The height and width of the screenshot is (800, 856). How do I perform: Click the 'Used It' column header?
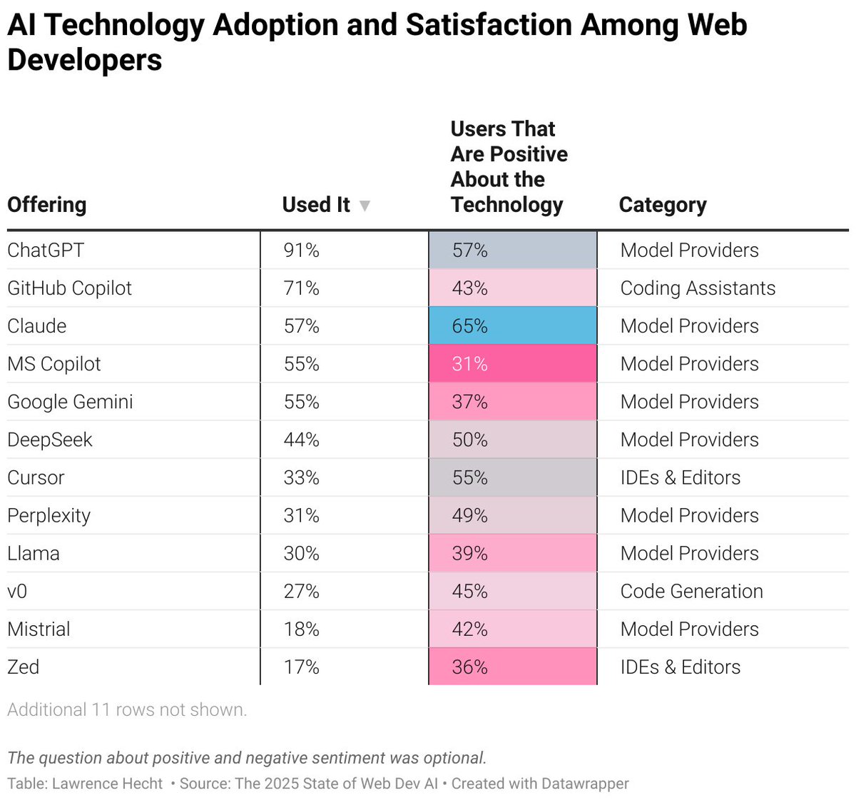click(316, 205)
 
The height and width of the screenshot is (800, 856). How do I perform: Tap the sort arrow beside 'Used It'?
click(365, 206)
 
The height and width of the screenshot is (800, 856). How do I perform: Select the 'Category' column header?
click(662, 205)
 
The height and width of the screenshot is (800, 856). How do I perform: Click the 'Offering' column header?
click(47, 205)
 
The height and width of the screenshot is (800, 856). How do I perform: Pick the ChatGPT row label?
click(46, 250)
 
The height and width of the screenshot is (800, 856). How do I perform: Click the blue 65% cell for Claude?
click(512, 326)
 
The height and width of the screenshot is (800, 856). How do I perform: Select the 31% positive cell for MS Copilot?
click(512, 364)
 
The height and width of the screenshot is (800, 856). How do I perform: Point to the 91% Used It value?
click(301, 250)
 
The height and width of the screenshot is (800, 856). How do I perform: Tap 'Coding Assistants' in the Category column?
click(698, 288)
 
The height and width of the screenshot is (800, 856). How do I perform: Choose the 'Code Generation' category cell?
click(691, 592)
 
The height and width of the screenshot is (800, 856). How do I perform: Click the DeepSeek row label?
click(50, 440)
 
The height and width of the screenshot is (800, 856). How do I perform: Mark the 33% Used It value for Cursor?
click(301, 477)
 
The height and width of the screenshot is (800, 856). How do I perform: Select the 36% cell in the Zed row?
click(512, 667)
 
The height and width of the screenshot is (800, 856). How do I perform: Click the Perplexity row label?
click(49, 516)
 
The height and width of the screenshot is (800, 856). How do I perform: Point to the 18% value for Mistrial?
click(301, 629)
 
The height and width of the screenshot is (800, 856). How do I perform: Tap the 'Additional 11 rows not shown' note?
click(127, 710)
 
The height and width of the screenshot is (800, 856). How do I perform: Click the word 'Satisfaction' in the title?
click(489, 25)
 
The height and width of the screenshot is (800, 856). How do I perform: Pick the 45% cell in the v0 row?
click(512, 592)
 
